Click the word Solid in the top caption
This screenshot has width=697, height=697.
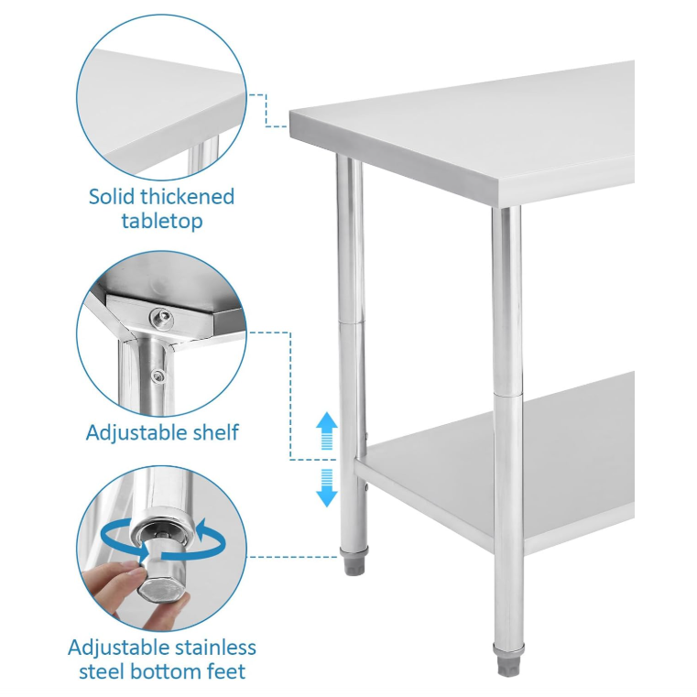click(109, 196)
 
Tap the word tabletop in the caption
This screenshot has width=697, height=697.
click(161, 221)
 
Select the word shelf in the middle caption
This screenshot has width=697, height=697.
click(212, 431)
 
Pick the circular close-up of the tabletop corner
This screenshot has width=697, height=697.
click(161, 102)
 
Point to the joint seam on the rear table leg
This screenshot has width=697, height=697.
click(351, 322)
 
